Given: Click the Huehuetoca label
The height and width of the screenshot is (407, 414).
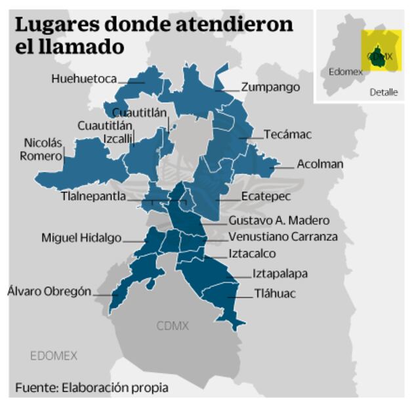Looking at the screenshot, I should [x=84, y=79].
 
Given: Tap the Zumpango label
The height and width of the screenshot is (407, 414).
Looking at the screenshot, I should [x=270, y=87].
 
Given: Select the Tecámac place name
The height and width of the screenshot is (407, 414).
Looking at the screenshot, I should [x=287, y=135].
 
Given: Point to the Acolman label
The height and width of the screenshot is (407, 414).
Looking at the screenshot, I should [x=320, y=164].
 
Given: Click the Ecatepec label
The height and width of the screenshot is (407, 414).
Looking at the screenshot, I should [x=265, y=196].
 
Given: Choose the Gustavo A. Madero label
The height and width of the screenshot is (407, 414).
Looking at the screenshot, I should [x=279, y=221].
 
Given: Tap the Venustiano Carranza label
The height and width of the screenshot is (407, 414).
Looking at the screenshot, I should [x=283, y=237].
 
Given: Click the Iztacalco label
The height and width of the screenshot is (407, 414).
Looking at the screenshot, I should [x=252, y=254].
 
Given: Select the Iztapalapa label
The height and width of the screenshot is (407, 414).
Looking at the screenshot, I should [x=280, y=274].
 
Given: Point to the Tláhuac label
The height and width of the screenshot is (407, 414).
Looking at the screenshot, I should [x=274, y=293].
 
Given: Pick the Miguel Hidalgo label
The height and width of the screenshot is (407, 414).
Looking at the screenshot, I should [x=81, y=238].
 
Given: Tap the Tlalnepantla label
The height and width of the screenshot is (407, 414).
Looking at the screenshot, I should [x=93, y=196].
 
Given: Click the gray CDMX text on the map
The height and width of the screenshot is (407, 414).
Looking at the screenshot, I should [x=173, y=326].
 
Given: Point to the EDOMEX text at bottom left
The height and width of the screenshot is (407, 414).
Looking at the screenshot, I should [x=53, y=356].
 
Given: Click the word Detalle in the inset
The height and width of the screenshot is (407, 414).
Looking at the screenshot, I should [x=383, y=92].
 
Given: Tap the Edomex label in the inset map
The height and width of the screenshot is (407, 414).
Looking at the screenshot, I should [x=346, y=72].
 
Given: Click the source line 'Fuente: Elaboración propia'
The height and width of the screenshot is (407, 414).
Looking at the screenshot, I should [x=92, y=387].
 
